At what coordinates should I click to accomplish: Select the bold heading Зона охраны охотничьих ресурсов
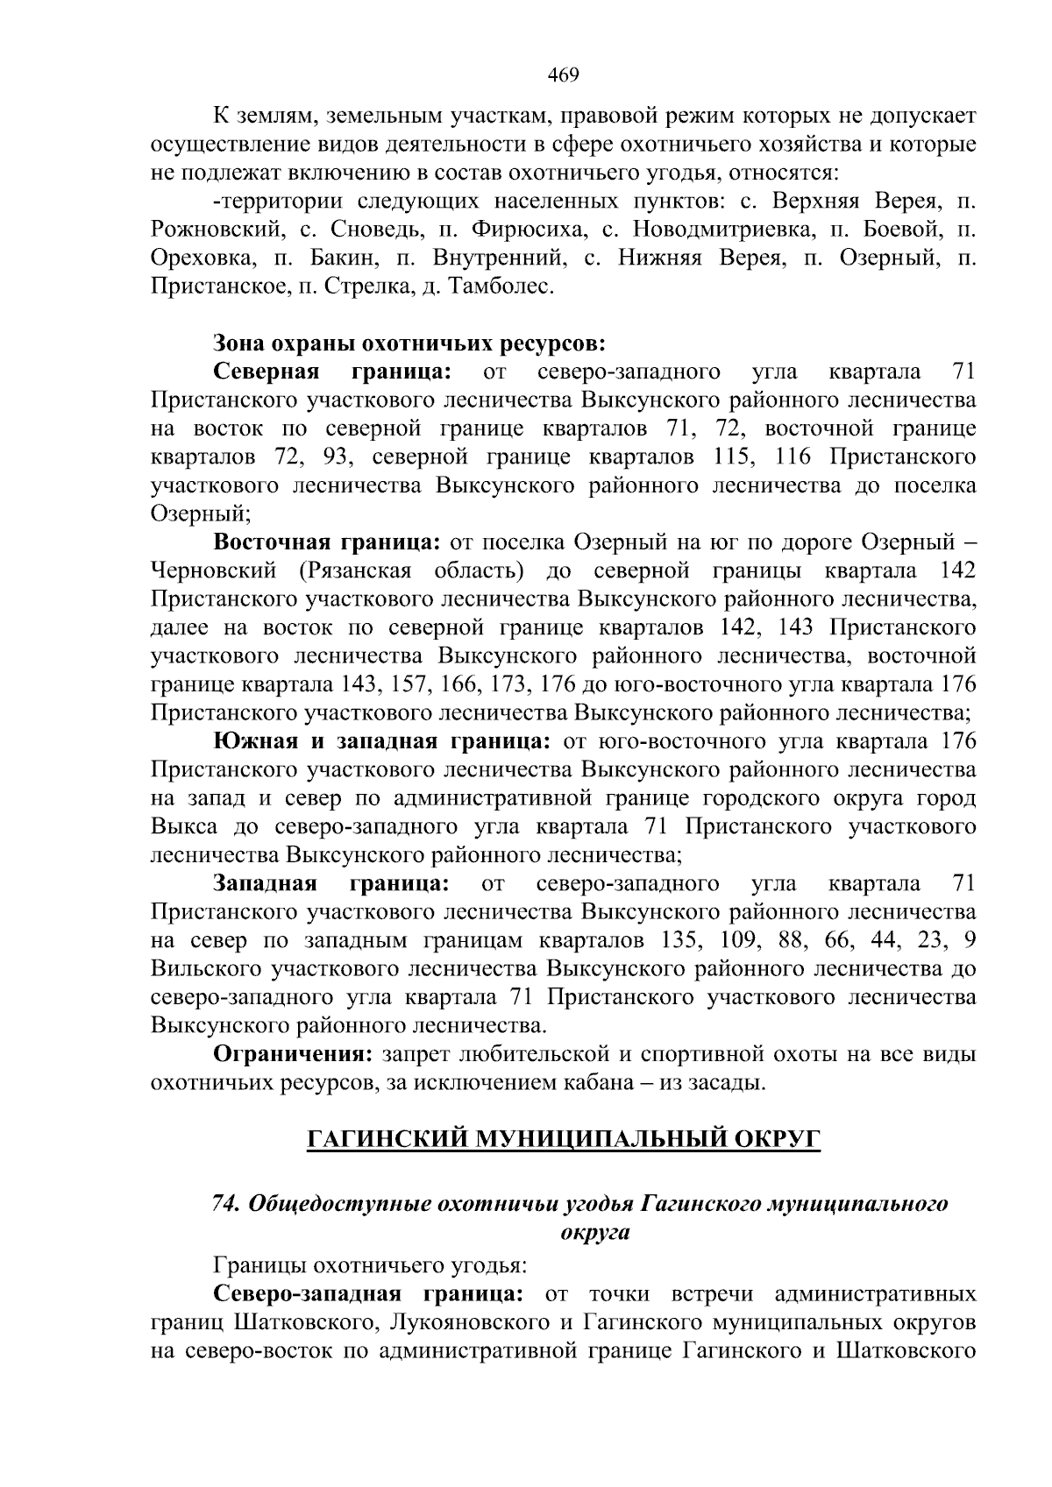tap(409, 343)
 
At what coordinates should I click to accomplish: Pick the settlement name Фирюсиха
tap(525, 230)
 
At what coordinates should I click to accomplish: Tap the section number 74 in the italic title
tap(226, 1204)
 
